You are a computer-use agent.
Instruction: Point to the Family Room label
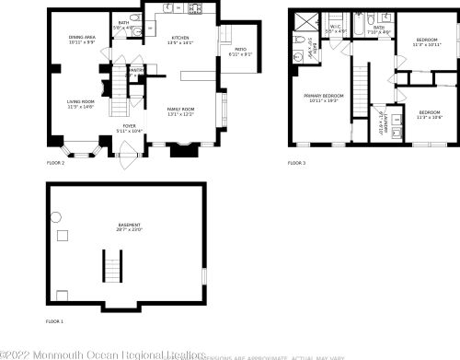(x=179, y=111)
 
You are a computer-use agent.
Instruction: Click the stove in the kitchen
(x=195, y=11)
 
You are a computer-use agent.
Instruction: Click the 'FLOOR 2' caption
(x=56, y=163)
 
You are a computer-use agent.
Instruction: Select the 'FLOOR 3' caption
(x=295, y=163)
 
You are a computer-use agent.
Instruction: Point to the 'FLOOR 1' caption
(x=56, y=320)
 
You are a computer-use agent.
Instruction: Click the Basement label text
(x=129, y=227)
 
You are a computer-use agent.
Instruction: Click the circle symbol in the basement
(x=55, y=217)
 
